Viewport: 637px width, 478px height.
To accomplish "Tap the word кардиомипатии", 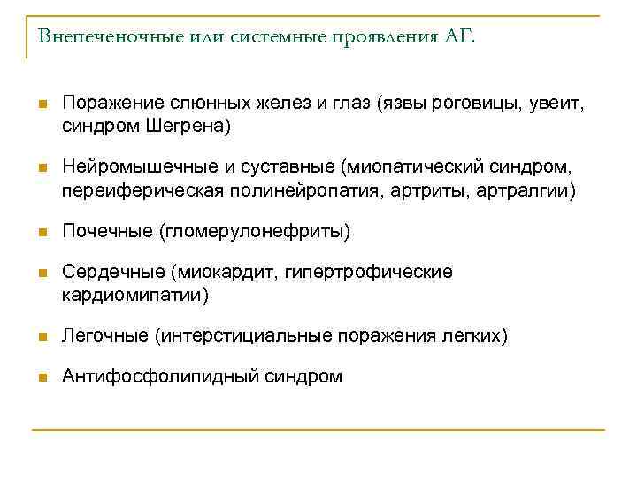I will [134, 295].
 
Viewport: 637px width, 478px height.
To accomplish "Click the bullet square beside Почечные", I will [41, 233].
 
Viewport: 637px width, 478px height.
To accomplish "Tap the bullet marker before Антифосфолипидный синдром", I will [41, 378].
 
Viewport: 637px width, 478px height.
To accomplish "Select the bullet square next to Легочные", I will [41, 337].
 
